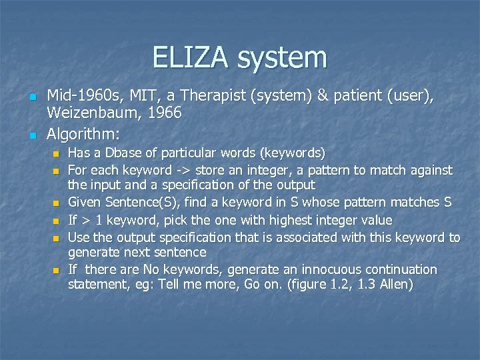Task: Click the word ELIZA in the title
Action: tap(191, 58)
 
